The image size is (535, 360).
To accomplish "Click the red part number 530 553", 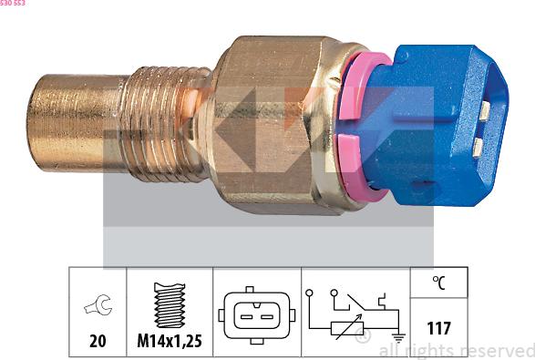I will click(13, 4).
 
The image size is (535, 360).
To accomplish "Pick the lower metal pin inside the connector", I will click(478, 146).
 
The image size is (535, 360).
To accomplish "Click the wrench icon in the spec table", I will click(97, 306).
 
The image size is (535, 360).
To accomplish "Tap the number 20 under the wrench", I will click(97, 342).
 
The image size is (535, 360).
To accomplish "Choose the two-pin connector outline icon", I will click(257, 315).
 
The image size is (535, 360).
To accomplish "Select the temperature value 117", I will click(438, 328).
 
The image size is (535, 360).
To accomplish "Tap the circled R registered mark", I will click(363, 339).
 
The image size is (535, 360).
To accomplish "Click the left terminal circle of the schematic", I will click(312, 293).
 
